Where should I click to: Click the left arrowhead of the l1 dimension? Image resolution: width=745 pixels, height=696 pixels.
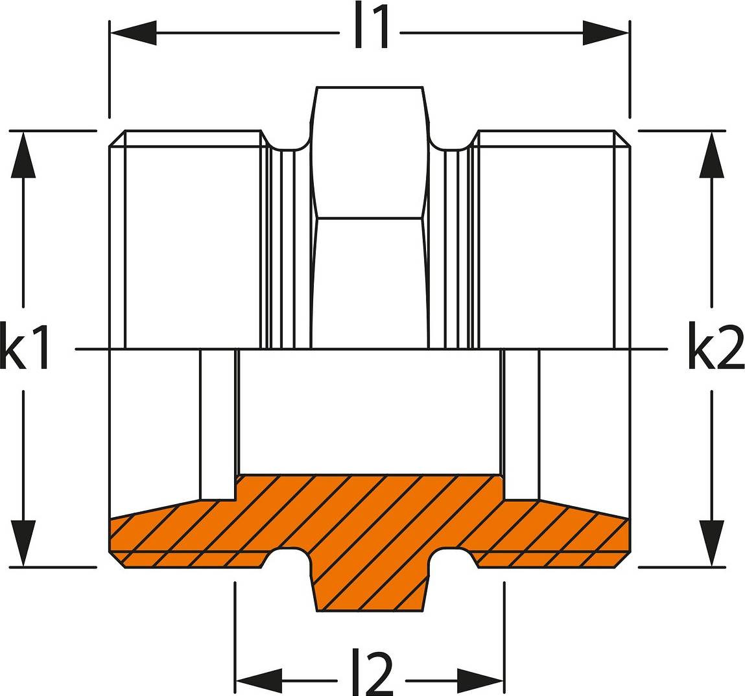(133, 33)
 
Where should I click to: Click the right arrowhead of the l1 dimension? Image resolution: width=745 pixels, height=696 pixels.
(606, 33)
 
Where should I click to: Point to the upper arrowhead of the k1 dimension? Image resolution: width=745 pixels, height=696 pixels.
(23, 154)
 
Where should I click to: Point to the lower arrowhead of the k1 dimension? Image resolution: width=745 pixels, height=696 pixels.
(23, 543)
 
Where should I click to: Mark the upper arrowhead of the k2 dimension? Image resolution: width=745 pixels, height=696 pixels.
(711, 154)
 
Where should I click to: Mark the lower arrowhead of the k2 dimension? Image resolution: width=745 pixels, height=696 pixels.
(711, 543)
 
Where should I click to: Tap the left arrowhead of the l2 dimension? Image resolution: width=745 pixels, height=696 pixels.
(259, 680)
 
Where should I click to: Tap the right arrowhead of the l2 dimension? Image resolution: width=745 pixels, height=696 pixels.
(480, 680)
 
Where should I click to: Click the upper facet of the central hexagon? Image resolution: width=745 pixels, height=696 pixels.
(370, 153)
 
